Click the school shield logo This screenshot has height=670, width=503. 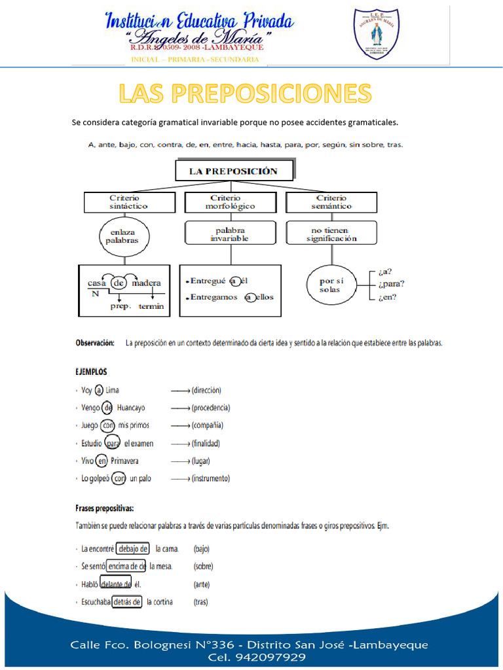coord(376,33)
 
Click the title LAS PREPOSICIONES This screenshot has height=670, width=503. coord(245,94)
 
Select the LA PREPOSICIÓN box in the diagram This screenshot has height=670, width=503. coord(233,171)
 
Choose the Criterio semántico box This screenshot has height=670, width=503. coord(331,202)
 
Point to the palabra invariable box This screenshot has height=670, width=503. coord(229,234)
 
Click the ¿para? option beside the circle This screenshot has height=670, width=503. coord(391,283)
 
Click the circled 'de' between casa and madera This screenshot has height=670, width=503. coord(119,283)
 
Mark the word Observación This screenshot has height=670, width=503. coord(95,342)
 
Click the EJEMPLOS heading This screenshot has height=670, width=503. coord(91,371)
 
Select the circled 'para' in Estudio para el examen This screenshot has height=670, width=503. coord(113,443)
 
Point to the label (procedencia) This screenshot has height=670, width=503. coord(210,408)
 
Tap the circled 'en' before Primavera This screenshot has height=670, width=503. coord(102,461)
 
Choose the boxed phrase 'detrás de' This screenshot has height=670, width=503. coord(127,602)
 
